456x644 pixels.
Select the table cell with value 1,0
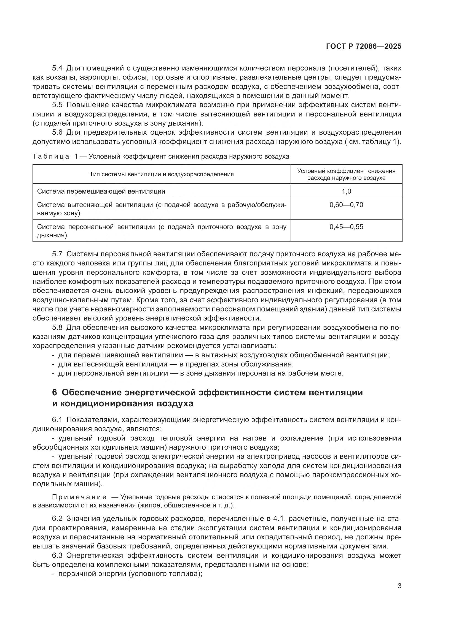tap(346, 191)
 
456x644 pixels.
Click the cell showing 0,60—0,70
tap(346, 205)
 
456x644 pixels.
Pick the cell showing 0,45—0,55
tap(346, 227)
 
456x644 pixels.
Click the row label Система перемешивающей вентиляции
tap(101, 191)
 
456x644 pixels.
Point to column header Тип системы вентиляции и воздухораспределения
tap(162, 174)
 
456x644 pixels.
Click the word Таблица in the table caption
tap(50, 156)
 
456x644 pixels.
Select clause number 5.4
tap(57, 68)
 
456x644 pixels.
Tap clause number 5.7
tap(57, 254)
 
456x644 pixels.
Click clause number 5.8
tap(57, 328)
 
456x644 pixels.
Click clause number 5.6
tap(57, 132)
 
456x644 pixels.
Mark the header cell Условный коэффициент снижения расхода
tap(346, 174)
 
